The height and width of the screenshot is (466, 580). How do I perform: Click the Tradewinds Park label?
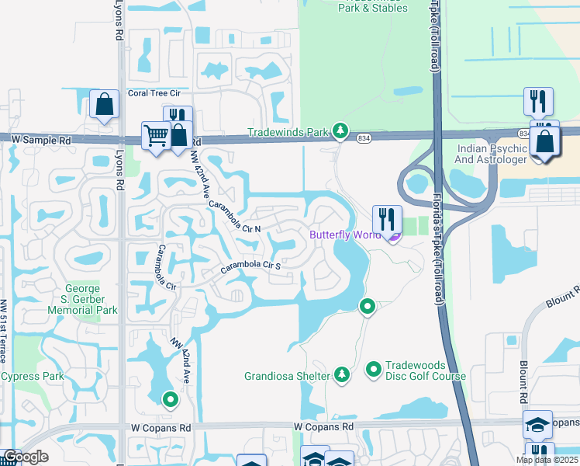click(x=288, y=132)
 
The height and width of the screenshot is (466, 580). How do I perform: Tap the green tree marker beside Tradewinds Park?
click(x=339, y=130)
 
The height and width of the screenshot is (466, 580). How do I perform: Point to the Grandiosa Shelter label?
click(x=287, y=376)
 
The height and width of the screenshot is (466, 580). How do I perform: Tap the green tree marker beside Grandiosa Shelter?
click(x=341, y=375)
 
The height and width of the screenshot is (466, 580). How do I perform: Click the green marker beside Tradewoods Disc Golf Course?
click(x=373, y=369)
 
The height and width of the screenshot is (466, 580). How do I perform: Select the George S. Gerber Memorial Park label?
click(x=91, y=298)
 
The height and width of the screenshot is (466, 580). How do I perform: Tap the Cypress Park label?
click(x=32, y=376)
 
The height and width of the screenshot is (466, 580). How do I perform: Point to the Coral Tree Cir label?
click(x=154, y=93)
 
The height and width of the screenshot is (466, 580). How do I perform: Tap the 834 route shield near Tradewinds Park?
click(x=364, y=138)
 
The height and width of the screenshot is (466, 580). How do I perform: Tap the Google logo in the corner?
click(x=26, y=457)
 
